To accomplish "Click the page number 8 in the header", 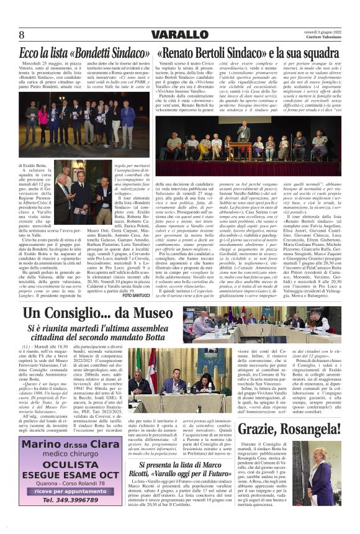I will click(21, 34).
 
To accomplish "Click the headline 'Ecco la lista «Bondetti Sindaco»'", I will click(83, 53).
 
